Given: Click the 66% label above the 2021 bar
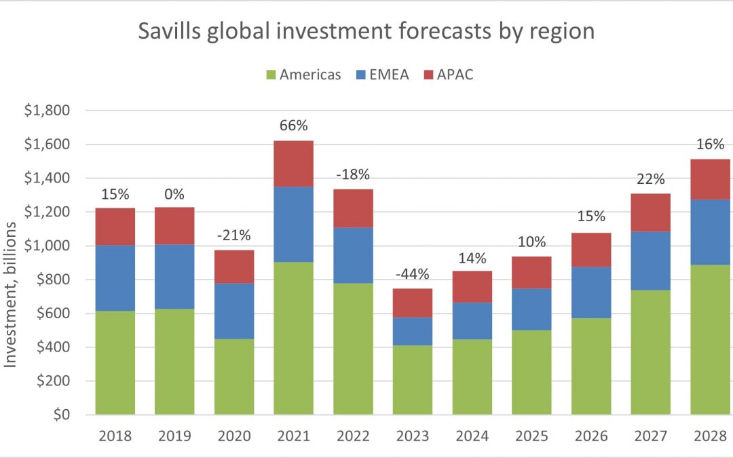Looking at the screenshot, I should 293,126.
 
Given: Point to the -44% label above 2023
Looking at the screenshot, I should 412,274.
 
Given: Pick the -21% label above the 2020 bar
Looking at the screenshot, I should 234,235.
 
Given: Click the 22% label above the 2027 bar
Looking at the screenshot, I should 650,179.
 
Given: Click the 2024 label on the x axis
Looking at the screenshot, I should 472,436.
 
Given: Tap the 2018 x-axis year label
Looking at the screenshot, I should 115,436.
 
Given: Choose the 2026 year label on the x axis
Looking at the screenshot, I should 591,436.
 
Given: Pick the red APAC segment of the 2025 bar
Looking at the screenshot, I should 531,272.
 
